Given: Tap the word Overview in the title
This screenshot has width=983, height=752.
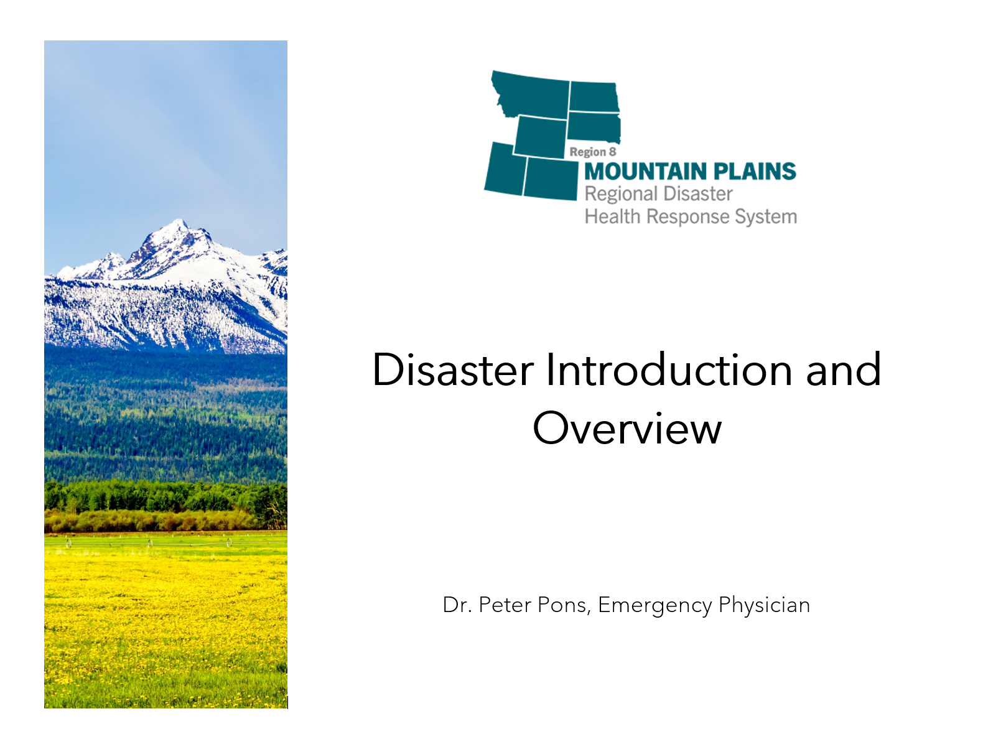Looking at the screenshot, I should pos(627,429).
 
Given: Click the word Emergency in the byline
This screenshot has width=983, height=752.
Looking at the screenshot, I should pos(655,605).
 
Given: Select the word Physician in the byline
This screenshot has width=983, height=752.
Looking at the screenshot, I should pos(764,605).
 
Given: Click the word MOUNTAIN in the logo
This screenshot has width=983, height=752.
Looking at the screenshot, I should pos(645,172).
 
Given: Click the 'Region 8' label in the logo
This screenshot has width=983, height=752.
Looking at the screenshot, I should pos(592,152).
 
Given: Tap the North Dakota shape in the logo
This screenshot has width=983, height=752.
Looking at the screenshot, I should pos(593,97).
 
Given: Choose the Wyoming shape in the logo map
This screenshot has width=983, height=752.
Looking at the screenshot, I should pos(540,136).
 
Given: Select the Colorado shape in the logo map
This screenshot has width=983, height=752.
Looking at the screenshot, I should pos(551,179).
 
